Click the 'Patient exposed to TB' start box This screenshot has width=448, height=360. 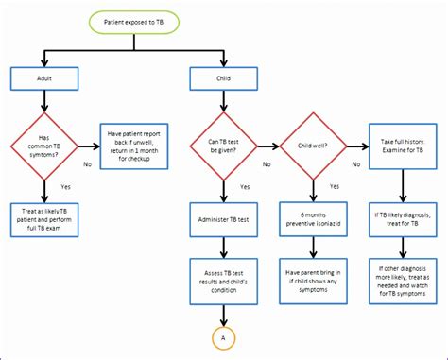(x=132, y=20)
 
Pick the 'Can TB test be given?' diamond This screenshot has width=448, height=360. (x=225, y=146)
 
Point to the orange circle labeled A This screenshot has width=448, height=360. (x=225, y=336)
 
